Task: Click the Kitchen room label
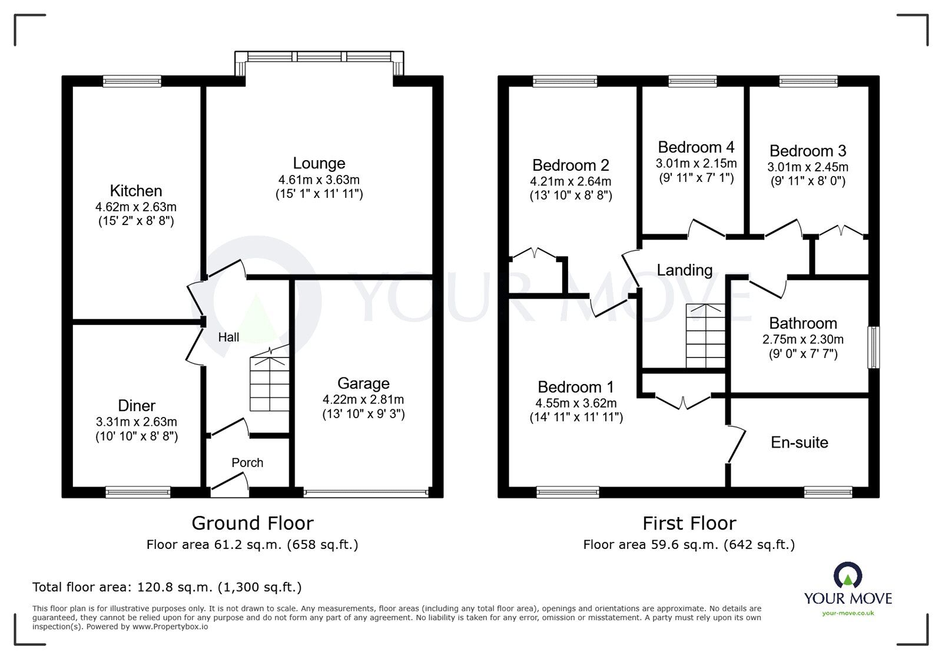click(136, 191)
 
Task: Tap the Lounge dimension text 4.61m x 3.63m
click(319, 180)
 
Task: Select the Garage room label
click(363, 383)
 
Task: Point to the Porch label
click(247, 462)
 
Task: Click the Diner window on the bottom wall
click(138, 492)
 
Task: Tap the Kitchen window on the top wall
click(132, 81)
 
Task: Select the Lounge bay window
click(320, 57)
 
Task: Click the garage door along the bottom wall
click(366, 492)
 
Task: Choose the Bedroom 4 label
click(696, 147)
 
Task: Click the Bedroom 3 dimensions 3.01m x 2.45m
click(808, 167)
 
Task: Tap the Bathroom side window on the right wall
click(874, 347)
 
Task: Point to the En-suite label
click(800, 442)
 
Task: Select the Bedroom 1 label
click(576, 387)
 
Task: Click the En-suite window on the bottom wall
click(828, 492)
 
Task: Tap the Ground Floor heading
click(253, 523)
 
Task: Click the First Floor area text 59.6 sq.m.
click(689, 545)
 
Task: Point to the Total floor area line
click(167, 587)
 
